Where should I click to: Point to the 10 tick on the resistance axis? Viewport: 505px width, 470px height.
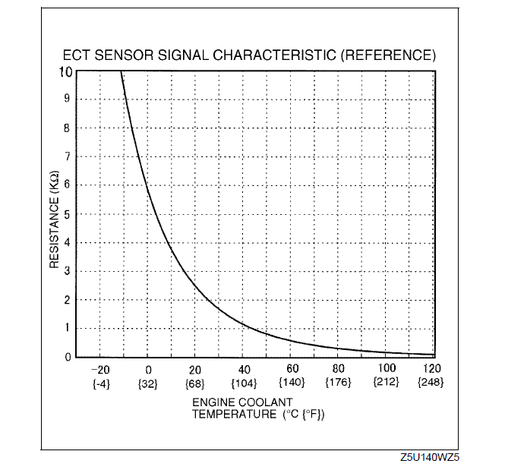tap(65, 71)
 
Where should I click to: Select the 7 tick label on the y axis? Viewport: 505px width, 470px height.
tap(68, 156)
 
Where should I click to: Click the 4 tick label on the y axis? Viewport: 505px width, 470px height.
tap(68, 243)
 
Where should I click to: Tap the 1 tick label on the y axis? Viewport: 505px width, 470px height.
tap(68, 328)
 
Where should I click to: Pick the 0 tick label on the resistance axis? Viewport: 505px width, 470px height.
tap(68, 357)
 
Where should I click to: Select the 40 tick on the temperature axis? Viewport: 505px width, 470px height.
tap(244, 370)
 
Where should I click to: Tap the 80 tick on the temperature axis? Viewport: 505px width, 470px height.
tap(339, 370)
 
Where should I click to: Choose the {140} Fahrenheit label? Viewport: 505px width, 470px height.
tap(292, 383)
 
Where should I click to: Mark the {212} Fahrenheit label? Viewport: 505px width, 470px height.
tap(386, 383)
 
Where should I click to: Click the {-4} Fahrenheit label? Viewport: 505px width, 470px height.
tap(100, 383)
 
